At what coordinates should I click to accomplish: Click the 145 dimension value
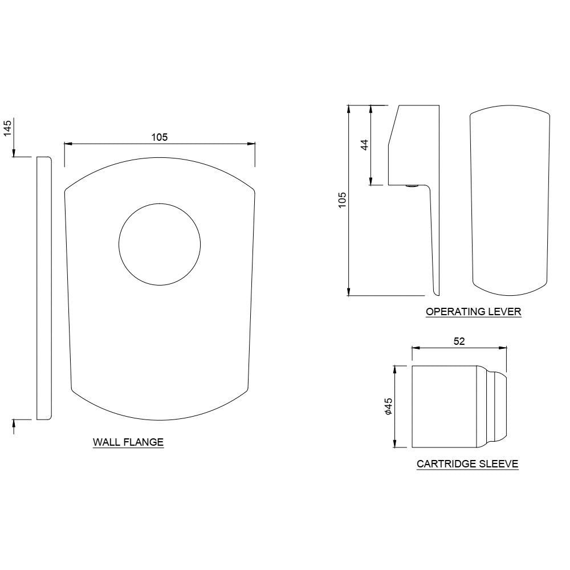pyautogui.click(x=7, y=128)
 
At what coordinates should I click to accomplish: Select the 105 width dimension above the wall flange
pyautogui.click(x=159, y=137)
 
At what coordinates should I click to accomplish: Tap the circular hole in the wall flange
pyautogui.click(x=160, y=244)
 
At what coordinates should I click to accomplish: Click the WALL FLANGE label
pyautogui.click(x=128, y=442)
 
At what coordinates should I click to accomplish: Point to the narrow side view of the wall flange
pyautogui.click(x=44, y=288)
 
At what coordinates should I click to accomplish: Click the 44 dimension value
pyautogui.click(x=365, y=144)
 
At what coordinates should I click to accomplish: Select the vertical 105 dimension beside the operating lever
pyautogui.click(x=342, y=200)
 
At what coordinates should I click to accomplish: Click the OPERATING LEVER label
pyautogui.click(x=474, y=312)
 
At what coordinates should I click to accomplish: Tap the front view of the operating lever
pyautogui.click(x=509, y=199)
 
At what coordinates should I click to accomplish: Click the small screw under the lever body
pyautogui.click(x=410, y=186)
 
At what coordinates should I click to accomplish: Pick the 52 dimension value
pyautogui.click(x=459, y=341)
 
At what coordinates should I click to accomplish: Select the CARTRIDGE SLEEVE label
pyautogui.click(x=467, y=464)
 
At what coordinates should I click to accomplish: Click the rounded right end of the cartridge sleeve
pyautogui.click(x=500, y=407)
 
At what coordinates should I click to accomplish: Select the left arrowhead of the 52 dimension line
pyautogui.click(x=414, y=348)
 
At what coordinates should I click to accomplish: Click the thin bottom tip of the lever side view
pyautogui.click(x=435, y=293)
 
